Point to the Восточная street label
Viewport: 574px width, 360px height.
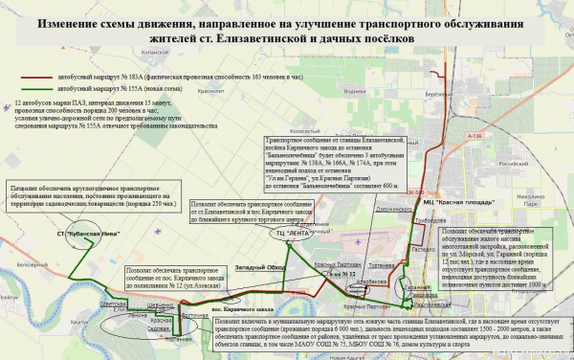[x=195, y=314]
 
